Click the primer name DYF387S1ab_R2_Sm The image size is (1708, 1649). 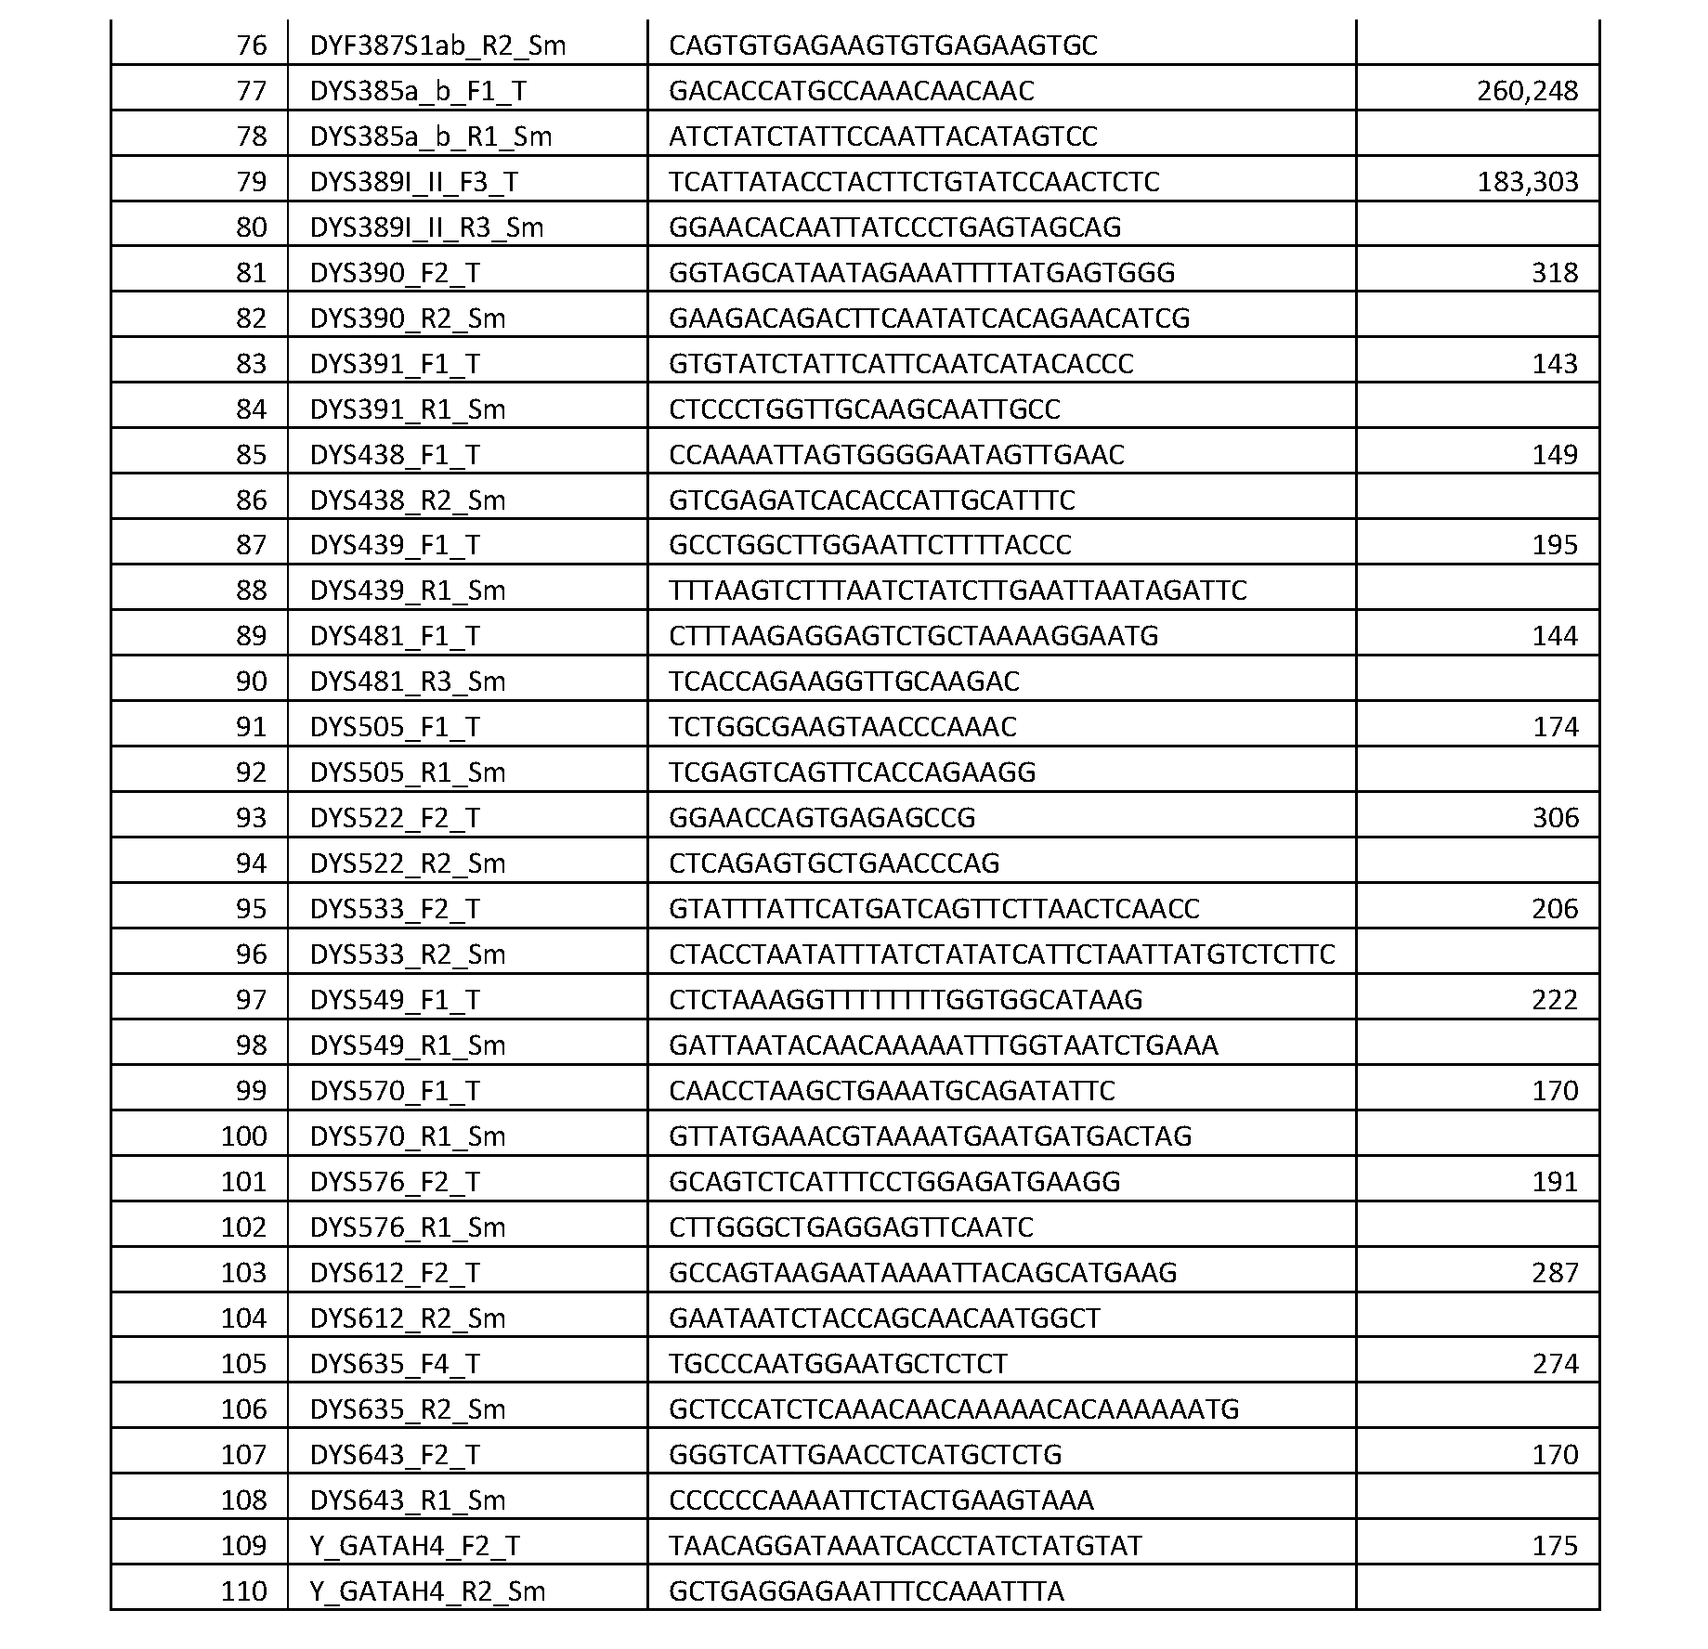click(437, 45)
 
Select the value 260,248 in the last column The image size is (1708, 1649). click(1527, 91)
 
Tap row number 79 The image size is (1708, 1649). click(251, 182)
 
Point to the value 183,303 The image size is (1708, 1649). click(1527, 182)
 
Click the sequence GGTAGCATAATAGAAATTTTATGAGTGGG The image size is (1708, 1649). click(921, 273)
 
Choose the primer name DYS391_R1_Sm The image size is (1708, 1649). click(408, 409)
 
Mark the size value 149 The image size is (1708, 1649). click(1555, 455)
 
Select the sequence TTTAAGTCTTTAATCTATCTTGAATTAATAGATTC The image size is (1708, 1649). click(958, 591)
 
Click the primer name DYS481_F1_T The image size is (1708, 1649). click(395, 636)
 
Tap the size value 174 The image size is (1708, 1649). click(1555, 727)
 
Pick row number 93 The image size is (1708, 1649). click(251, 818)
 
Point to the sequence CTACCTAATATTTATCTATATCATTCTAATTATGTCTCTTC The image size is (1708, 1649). click(1001, 954)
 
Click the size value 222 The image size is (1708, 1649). click(1555, 1000)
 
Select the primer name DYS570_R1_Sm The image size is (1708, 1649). click(408, 1136)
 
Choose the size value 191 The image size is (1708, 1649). click(1555, 1182)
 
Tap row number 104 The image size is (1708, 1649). click(243, 1318)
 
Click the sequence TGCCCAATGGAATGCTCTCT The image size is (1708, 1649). click(838, 1364)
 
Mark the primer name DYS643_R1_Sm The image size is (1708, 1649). click(408, 1500)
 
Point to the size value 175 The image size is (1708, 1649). click(1555, 1546)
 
